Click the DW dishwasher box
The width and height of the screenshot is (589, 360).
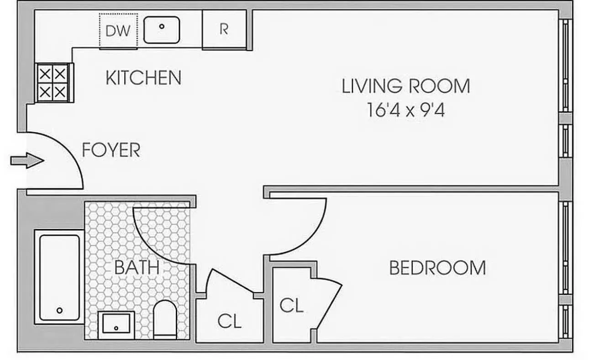click(x=118, y=31)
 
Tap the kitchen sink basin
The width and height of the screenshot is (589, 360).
click(x=162, y=30)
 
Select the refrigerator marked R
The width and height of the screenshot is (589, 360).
click(x=224, y=29)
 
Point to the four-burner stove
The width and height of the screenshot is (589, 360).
click(x=52, y=82)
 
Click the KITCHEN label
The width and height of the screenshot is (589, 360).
click(x=143, y=78)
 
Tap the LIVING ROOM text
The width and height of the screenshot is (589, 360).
click(x=405, y=86)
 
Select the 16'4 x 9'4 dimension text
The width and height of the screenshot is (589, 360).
click(x=405, y=110)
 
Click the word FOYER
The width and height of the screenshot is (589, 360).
click(x=111, y=150)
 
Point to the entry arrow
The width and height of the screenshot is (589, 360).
click(x=27, y=160)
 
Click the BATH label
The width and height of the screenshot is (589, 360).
click(x=137, y=267)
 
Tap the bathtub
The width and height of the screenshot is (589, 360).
click(x=59, y=277)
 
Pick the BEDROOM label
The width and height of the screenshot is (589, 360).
click(x=437, y=268)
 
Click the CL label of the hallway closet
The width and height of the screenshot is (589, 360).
click(x=229, y=321)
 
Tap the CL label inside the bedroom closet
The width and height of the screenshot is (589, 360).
click(x=291, y=305)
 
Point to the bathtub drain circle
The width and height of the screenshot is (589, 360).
click(x=59, y=310)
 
